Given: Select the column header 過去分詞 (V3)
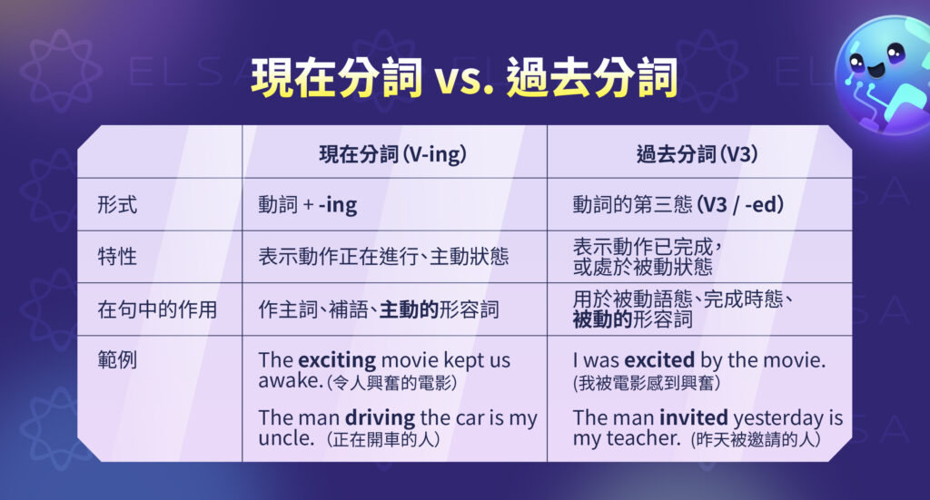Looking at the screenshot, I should tap(698, 153).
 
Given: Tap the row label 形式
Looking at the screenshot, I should tap(117, 205).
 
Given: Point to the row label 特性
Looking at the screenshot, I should tap(117, 257).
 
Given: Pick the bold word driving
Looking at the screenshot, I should tap(381, 418).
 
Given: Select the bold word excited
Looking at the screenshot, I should tap(658, 359).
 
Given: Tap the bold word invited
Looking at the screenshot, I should tap(693, 418).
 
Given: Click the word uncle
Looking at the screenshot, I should tap(282, 438).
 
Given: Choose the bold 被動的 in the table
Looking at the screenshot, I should tap(602, 319).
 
